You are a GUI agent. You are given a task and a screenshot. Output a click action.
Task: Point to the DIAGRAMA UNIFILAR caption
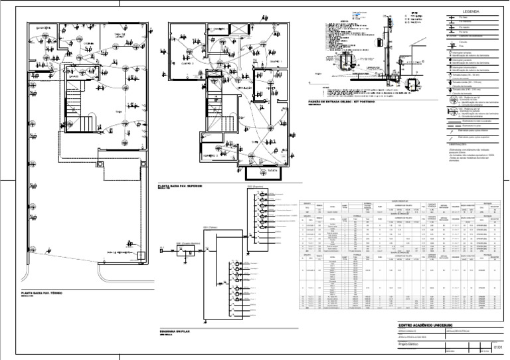(x=176, y=330)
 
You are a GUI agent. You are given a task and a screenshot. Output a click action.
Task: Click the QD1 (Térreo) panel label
(x=211, y=228)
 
